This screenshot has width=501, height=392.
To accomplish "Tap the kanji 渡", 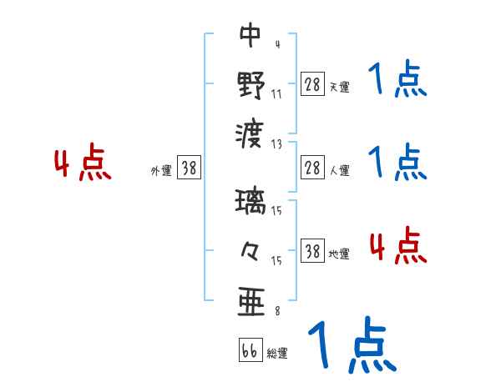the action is (x=250, y=133).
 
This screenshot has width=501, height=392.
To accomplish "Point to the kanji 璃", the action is (x=250, y=203).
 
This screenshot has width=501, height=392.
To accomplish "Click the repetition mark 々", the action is (x=250, y=251).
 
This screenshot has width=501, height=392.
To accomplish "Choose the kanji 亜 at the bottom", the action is (x=250, y=301).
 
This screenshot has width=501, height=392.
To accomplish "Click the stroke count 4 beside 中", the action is (x=276, y=44).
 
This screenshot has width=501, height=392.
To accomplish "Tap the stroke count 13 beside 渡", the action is (x=276, y=143).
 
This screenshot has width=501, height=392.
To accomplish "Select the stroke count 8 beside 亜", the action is (x=276, y=311).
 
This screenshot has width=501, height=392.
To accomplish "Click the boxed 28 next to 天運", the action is (x=312, y=83).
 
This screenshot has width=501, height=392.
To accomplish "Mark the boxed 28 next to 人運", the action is (x=312, y=168).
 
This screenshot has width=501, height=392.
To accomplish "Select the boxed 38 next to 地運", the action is (x=312, y=251).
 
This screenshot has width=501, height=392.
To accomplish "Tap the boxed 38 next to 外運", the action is (x=189, y=168).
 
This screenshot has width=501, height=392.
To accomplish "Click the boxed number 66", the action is (x=249, y=350).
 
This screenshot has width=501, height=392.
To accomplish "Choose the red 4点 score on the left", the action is (x=83, y=164).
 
